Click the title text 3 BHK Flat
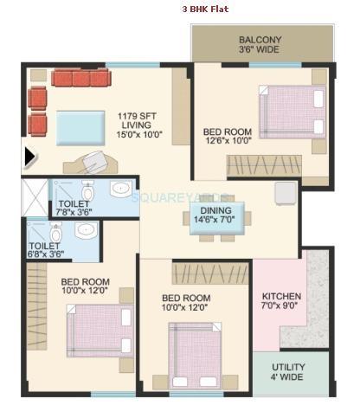(205, 10)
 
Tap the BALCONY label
(260, 40)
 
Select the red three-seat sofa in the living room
(80, 79)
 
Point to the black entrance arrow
(30, 157)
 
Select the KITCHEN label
(281, 296)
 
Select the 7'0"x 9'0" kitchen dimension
(281, 307)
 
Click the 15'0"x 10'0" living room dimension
(141, 136)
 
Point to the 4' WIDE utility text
(288, 377)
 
